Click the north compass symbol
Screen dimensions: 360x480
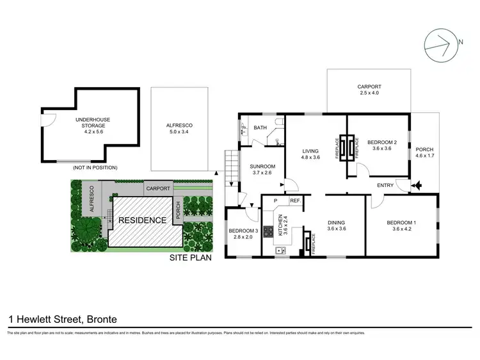click(442, 44)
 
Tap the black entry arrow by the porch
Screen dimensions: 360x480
click(418, 186)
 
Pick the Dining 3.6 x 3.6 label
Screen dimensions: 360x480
click(336, 225)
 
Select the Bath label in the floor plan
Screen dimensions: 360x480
click(260, 128)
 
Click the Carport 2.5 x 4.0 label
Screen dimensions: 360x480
click(369, 90)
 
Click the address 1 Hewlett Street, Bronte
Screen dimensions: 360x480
click(62, 318)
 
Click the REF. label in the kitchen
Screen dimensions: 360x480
click(295, 201)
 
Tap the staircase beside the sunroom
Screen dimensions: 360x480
click(230, 165)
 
